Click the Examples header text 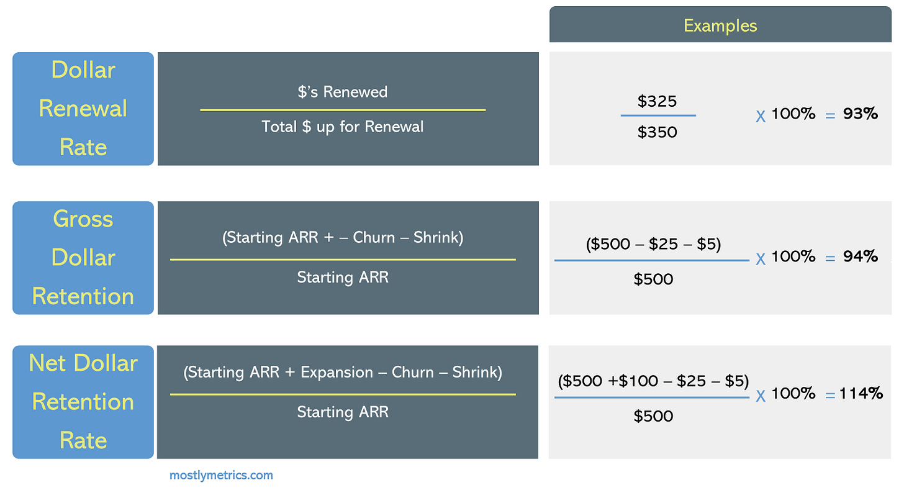click(720, 25)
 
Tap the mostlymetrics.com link click(221, 476)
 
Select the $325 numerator click(658, 101)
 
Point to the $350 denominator click(658, 132)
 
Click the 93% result click(861, 114)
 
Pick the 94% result click(861, 256)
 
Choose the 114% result click(861, 393)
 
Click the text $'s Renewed click(342, 92)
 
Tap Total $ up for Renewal click(342, 127)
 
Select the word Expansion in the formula click(337, 373)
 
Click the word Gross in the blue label click(83, 219)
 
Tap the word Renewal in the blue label click(83, 109)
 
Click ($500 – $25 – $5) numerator click(653, 245)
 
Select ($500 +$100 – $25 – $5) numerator click(653, 381)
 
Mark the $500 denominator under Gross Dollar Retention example click(653, 279)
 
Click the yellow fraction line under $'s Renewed click(342, 110)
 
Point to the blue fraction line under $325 click(658, 115)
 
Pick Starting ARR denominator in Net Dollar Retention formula click(342, 412)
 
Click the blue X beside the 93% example click(761, 116)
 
